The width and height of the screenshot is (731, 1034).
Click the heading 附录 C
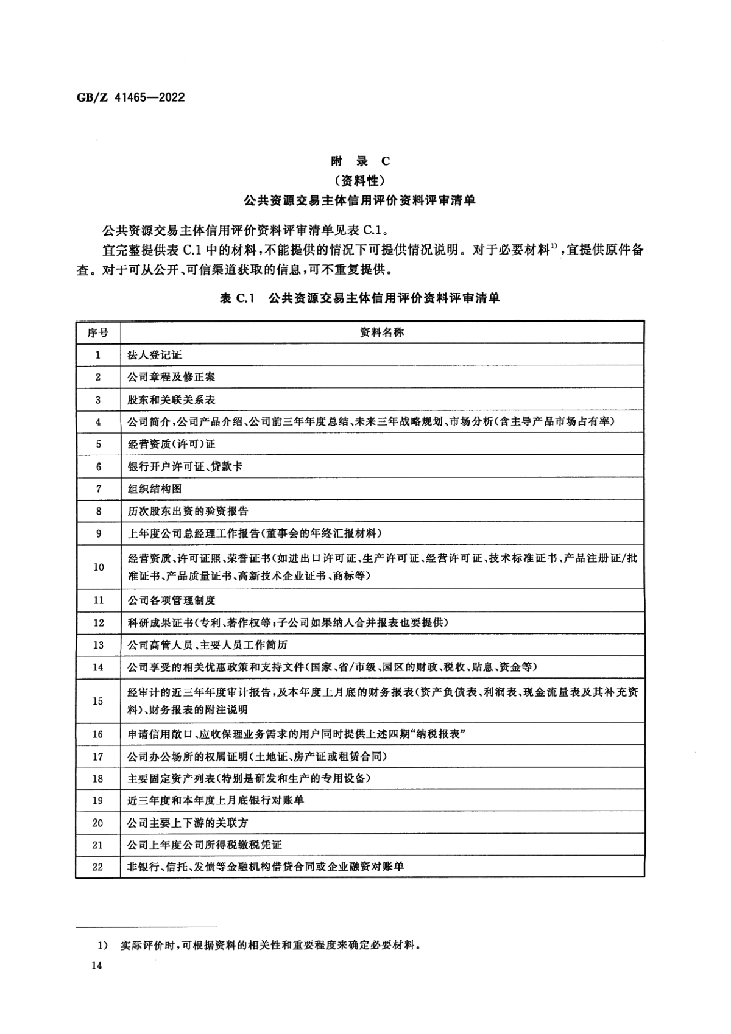(x=360, y=161)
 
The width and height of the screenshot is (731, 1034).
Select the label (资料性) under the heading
(x=360, y=180)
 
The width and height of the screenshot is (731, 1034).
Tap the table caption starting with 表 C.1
(x=359, y=298)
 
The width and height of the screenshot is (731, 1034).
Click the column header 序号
(x=98, y=332)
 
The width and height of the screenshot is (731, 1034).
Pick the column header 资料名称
(x=382, y=332)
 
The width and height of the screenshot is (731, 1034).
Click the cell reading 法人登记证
(x=155, y=354)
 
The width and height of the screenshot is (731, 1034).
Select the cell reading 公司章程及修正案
(x=171, y=377)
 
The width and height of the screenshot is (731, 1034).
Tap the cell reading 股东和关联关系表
(x=171, y=399)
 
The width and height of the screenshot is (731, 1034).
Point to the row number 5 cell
(x=98, y=444)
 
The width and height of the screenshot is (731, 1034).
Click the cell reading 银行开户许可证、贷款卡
(x=185, y=466)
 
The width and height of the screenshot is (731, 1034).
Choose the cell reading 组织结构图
(x=155, y=489)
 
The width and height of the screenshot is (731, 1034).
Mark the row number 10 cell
(x=98, y=567)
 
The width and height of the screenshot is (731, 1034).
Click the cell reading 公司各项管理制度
(x=171, y=600)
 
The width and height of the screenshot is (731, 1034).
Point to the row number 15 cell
(x=98, y=701)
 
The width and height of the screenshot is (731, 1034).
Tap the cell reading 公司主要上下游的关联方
(x=188, y=823)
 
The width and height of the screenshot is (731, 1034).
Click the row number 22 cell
(x=98, y=867)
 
